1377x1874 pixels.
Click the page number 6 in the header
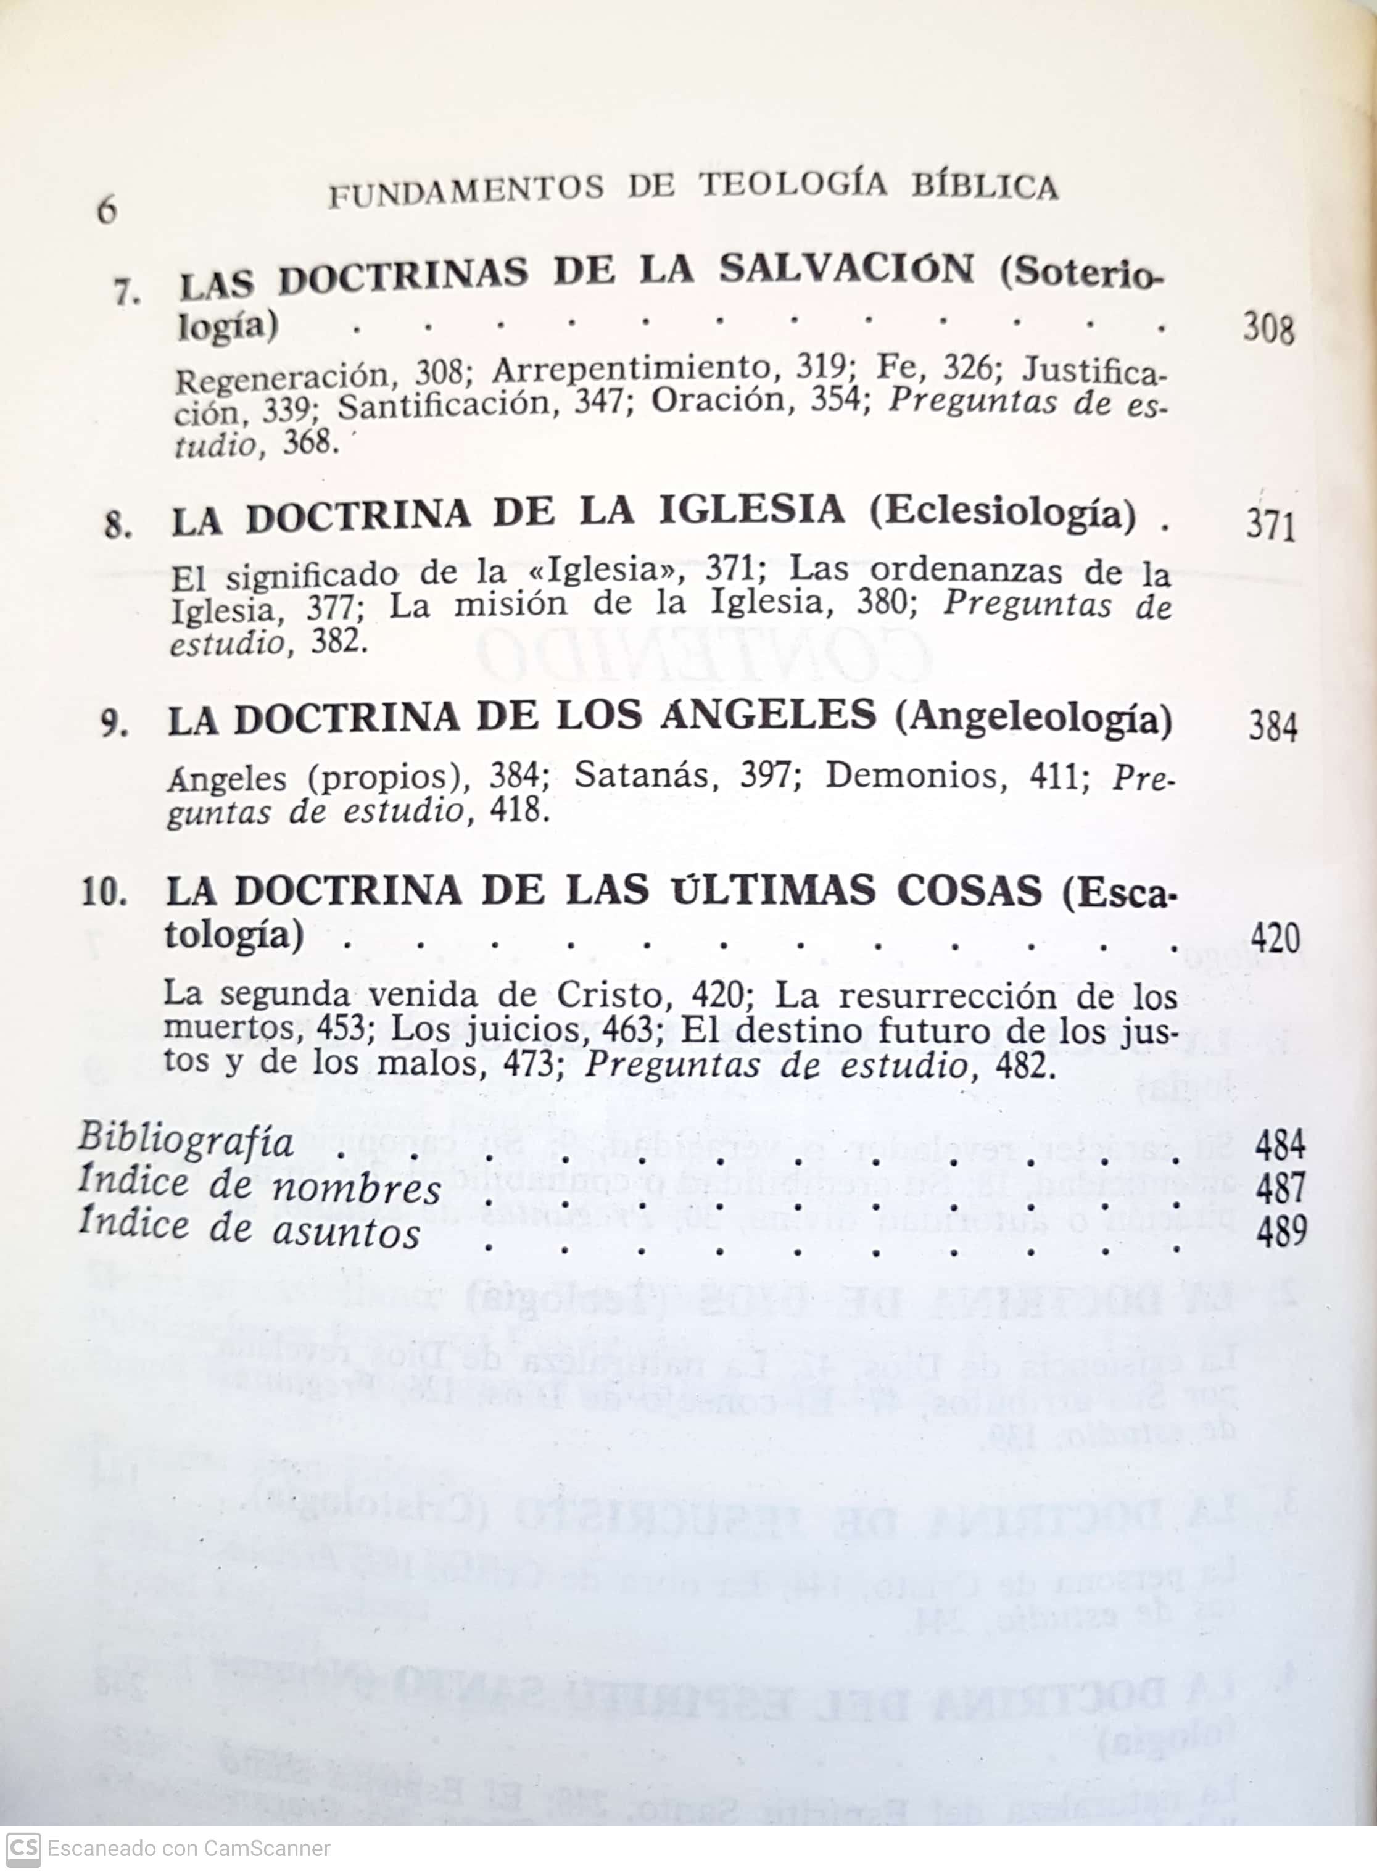click(107, 209)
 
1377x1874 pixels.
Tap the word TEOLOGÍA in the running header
click(793, 185)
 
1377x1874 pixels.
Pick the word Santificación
click(444, 407)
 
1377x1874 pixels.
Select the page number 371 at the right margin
click(1270, 526)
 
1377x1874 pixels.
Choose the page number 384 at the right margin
click(1272, 727)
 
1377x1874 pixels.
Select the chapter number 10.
click(104, 893)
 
